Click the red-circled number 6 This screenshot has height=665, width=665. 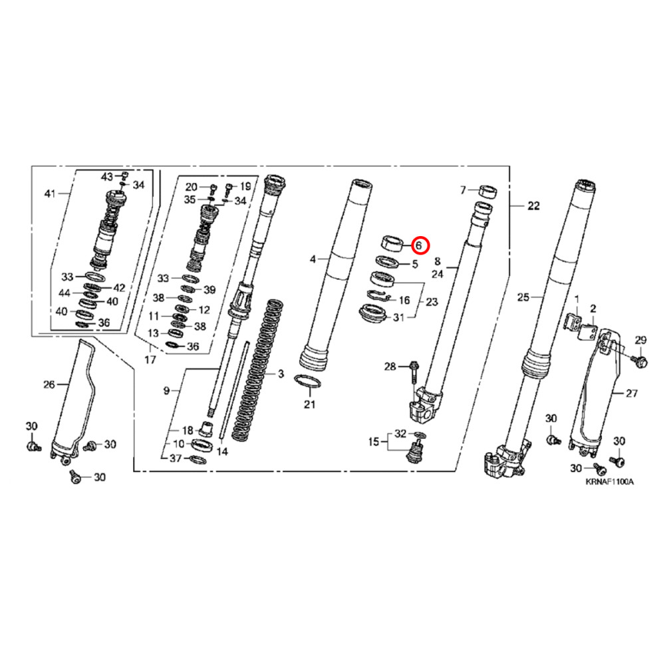tap(419, 245)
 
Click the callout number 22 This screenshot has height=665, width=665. tap(533, 206)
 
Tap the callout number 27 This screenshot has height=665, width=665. tap(631, 394)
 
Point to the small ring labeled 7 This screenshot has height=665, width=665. tap(489, 192)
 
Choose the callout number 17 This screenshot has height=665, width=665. tap(150, 360)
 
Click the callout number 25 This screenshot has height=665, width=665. tap(523, 297)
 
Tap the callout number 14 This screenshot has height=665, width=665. tap(222, 452)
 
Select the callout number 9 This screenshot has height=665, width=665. tap(166, 391)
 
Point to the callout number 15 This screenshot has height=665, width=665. tap(374, 441)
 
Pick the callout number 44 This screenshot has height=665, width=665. tap(65, 293)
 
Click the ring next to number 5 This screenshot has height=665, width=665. tap(388, 262)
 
